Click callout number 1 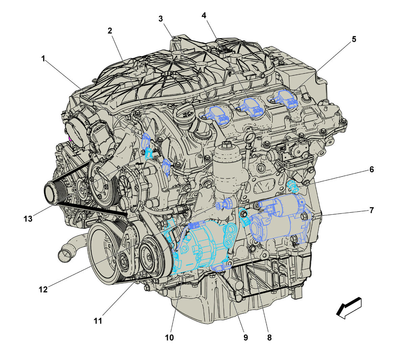[43, 59]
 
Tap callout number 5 [354, 39]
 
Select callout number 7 [371, 210]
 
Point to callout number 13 [28, 219]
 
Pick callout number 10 [169, 338]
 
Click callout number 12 [43, 289]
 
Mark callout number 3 [161, 19]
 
